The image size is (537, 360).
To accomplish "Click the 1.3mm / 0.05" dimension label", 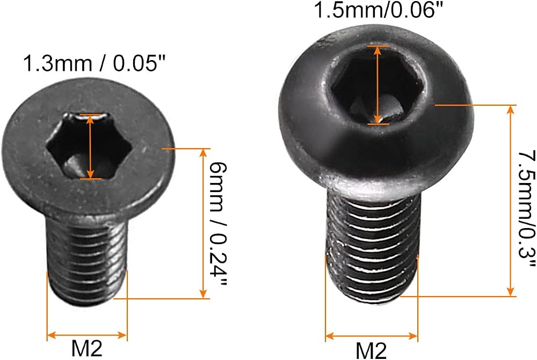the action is point(94,64).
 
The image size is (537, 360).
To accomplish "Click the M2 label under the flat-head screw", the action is point(86,349).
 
